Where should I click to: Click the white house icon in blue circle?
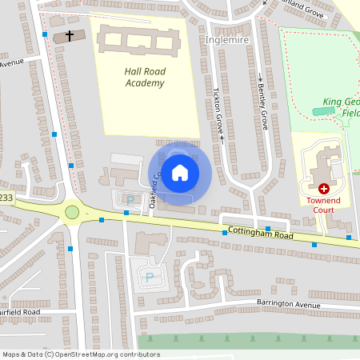[x=179, y=172]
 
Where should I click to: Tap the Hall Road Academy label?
[x=145, y=77]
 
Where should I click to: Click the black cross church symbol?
[x=70, y=36]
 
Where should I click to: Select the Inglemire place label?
[x=228, y=38]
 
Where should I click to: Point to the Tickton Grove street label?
[x=218, y=111]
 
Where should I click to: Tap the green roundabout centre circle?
[x=72, y=212]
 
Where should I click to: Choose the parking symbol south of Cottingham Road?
[x=149, y=277]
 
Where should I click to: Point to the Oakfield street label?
[x=155, y=191]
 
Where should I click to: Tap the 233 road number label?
[x=6, y=198]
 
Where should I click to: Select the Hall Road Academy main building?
[x=136, y=41]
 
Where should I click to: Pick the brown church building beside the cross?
[x=63, y=37]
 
